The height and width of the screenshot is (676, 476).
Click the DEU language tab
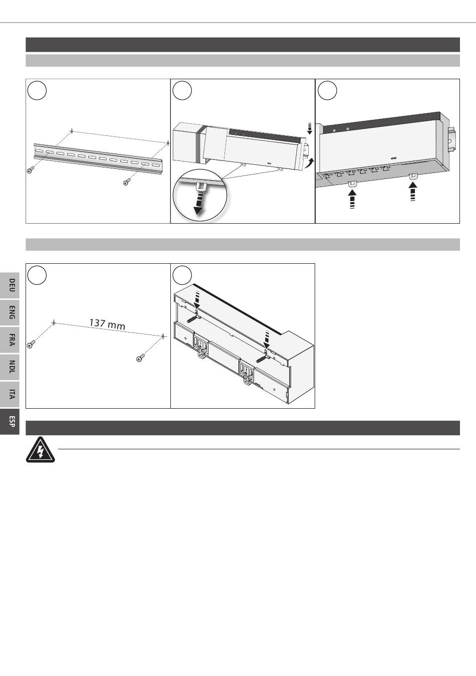click(10, 285)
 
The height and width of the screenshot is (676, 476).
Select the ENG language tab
click(10, 312)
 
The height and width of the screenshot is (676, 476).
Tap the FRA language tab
click(10, 340)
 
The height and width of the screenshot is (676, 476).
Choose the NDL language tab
click(10, 367)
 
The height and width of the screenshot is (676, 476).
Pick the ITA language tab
click(10, 394)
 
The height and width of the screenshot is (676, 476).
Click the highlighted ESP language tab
click(10, 421)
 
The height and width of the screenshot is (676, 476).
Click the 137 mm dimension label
click(107, 324)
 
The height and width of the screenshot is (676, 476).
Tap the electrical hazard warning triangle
click(41, 449)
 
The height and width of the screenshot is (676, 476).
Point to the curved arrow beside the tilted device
click(310, 164)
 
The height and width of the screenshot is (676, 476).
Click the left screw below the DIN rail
click(30, 170)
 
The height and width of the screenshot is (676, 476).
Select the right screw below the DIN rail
click(127, 182)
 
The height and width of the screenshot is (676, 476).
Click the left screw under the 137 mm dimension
click(31, 344)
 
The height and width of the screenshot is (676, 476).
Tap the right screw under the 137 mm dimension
click(140, 358)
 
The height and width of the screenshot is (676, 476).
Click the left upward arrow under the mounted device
click(352, 200)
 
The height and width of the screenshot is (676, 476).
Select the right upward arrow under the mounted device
click(413, 192)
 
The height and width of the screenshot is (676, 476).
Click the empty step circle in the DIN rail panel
click(37, 90)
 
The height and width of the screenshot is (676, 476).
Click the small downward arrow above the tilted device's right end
click(309, 128)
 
